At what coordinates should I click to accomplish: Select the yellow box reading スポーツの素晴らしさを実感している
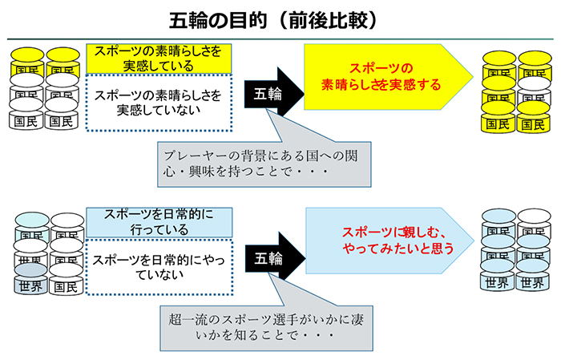point(159,57)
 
